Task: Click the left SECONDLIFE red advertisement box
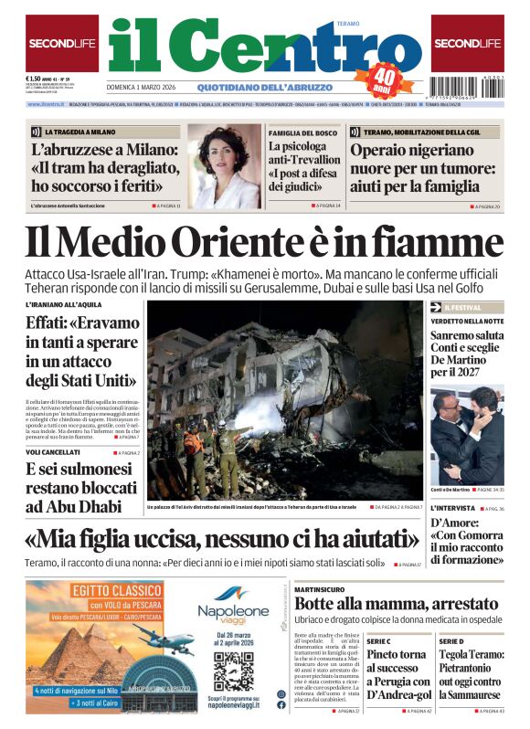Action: coord(62,43)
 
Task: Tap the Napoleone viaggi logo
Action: coord(233,607)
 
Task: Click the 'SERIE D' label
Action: coord(450,642)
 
